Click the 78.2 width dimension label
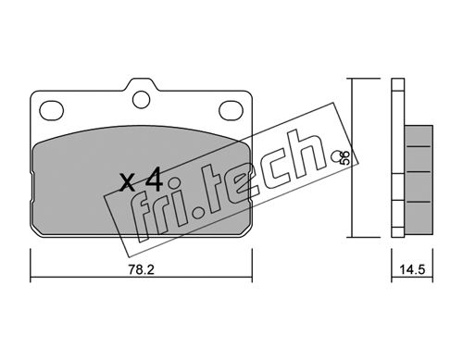click(141, 270)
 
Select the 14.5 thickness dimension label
click(412, 270)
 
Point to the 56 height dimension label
click(345, 157)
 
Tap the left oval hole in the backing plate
click(52, 110)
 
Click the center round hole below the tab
click(141, 99)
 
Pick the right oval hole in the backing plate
click(231, 110)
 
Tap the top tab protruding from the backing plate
click(141, 85)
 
